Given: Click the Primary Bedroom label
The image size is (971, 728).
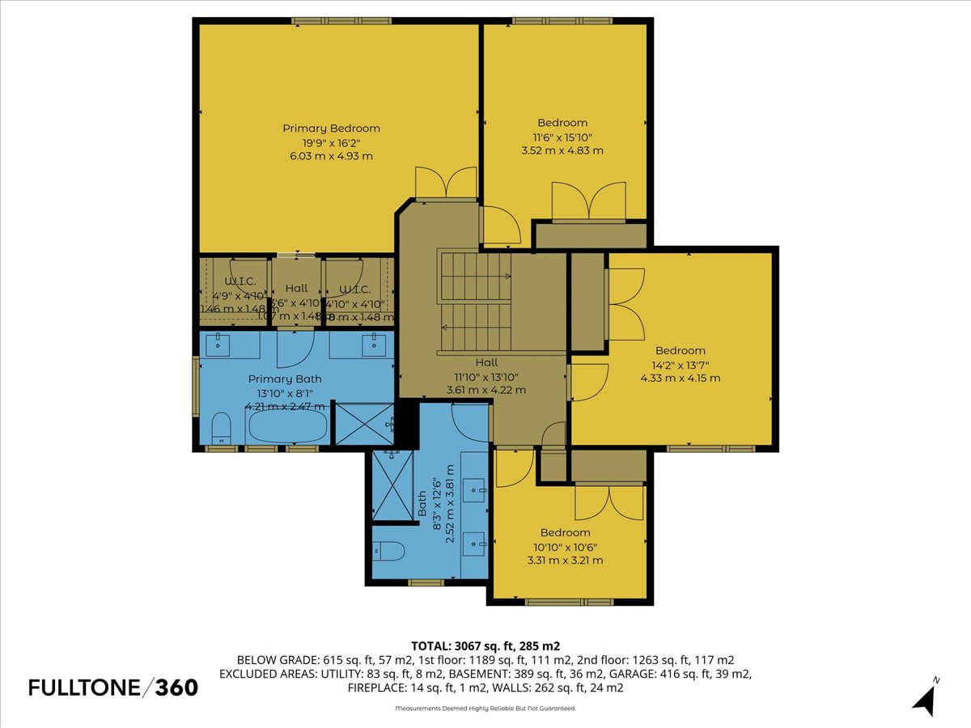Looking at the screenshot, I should click(x=331, y=128).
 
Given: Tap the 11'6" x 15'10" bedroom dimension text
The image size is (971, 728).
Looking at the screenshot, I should click(x=562, y=137).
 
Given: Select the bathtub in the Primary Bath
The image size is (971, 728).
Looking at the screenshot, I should click(x=288, y=425).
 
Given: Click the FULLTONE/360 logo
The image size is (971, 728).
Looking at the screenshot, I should click(x=113, y=688).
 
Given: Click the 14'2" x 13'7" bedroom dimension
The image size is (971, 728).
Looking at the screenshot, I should click(x=680, y=364).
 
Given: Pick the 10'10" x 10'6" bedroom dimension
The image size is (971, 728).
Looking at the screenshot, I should click(x=565, y=546).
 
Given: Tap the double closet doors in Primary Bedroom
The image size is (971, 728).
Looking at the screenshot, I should click(x=446, y=183).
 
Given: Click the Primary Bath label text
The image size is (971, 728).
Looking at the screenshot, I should click(x=285, y=379).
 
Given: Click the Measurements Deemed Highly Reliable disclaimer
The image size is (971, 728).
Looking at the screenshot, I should click(x=485, y=709).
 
